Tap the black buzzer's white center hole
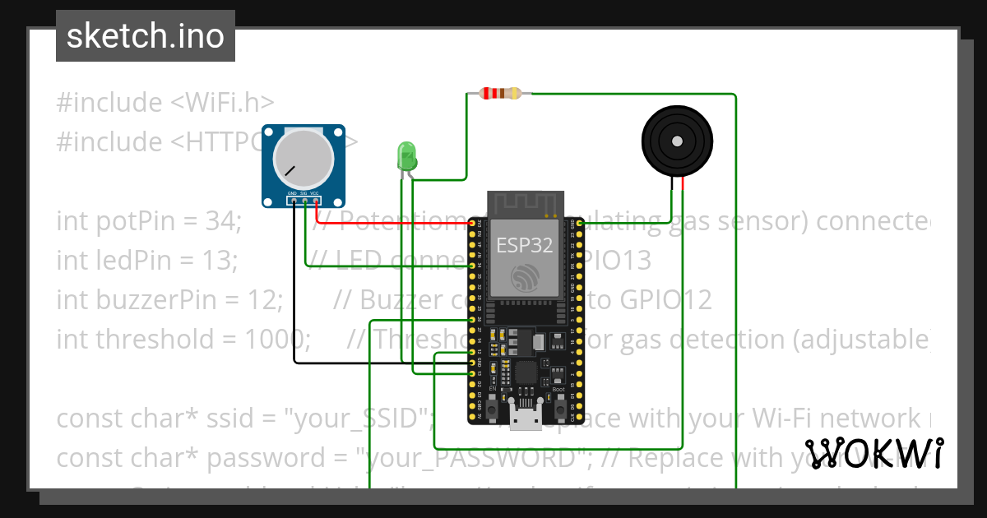coord(676,141)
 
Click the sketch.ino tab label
coord(145,36)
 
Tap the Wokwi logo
coord(874,453)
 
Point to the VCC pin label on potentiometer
coord(315,194)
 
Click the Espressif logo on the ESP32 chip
coord(524,277)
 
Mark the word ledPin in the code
coord(132,261)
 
